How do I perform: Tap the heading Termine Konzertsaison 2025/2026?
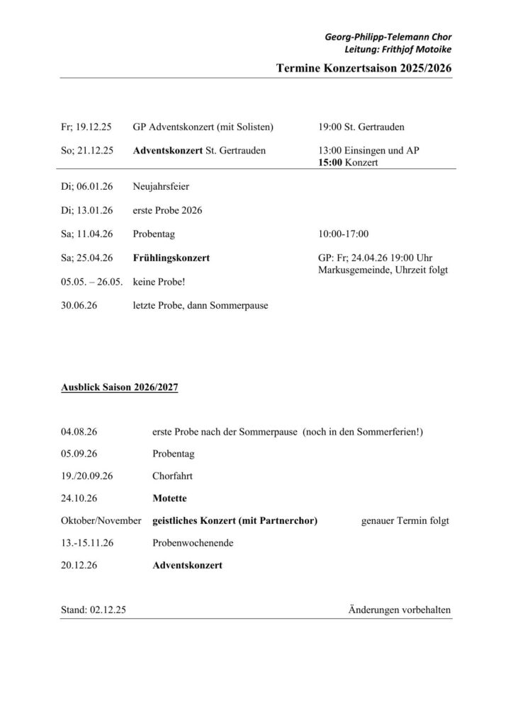(363, 68)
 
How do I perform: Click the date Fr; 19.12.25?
(89, 127)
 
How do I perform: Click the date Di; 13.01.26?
(88, 210)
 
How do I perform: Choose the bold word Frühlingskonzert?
(171, 258)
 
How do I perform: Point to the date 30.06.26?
(79, 306)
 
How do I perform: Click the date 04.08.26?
(79, 431)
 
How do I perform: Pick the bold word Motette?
(171, 498)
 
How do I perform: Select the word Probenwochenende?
(193, 543)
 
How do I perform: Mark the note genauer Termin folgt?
(405, 521)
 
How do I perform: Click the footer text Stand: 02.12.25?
(94, 609)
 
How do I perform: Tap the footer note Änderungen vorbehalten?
(400, 609)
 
